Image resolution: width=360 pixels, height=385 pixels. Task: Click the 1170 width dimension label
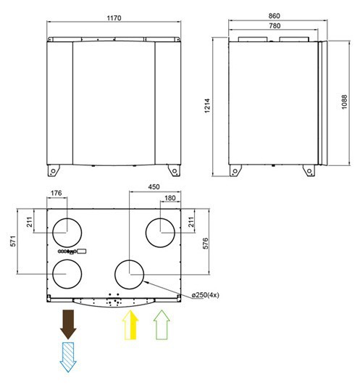114,18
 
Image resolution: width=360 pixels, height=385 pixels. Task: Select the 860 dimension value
274,16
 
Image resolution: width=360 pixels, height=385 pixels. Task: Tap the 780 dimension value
275,26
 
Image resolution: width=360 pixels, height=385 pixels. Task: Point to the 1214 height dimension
207,106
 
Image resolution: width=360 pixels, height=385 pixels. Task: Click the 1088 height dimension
344,102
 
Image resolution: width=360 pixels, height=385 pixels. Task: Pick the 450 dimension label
154,187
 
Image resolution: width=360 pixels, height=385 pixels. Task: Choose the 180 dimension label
170,198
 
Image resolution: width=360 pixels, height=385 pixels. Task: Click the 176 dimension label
56,194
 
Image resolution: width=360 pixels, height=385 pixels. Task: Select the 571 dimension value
13,241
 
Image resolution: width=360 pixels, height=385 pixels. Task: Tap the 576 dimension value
206,244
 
